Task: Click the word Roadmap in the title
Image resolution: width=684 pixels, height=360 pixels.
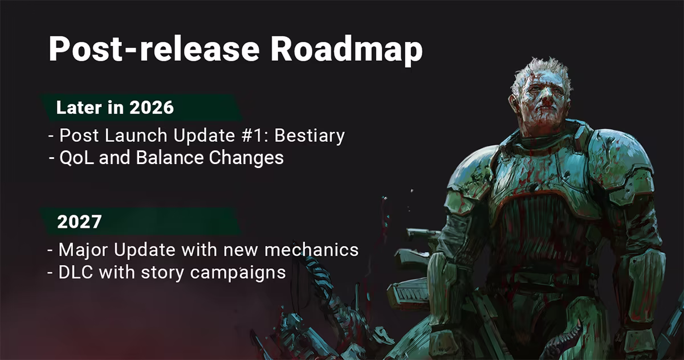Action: pos(347,50)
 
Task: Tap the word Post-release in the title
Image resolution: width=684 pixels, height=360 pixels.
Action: pos(154,49)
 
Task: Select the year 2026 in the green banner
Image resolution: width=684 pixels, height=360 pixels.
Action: pos(152,108)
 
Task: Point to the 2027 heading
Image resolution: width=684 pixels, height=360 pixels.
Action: pos(79,222)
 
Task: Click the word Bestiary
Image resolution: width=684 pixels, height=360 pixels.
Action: pos(310,136)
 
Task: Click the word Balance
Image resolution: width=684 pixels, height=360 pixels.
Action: pos(170,158)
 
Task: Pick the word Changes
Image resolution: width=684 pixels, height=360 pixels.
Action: pos(246,158)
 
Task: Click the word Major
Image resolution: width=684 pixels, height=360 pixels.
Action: pos(83,250)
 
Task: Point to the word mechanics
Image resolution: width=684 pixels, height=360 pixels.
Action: pos(311,249)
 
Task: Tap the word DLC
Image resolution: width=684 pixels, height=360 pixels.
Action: pos(76,272)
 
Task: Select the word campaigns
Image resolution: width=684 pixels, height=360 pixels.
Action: pos(238,273)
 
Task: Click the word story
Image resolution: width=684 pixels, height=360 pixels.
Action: pos(162,273)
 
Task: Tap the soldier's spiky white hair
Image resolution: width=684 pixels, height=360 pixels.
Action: pos(540,70)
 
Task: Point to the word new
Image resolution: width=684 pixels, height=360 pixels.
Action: pos(241,251)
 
